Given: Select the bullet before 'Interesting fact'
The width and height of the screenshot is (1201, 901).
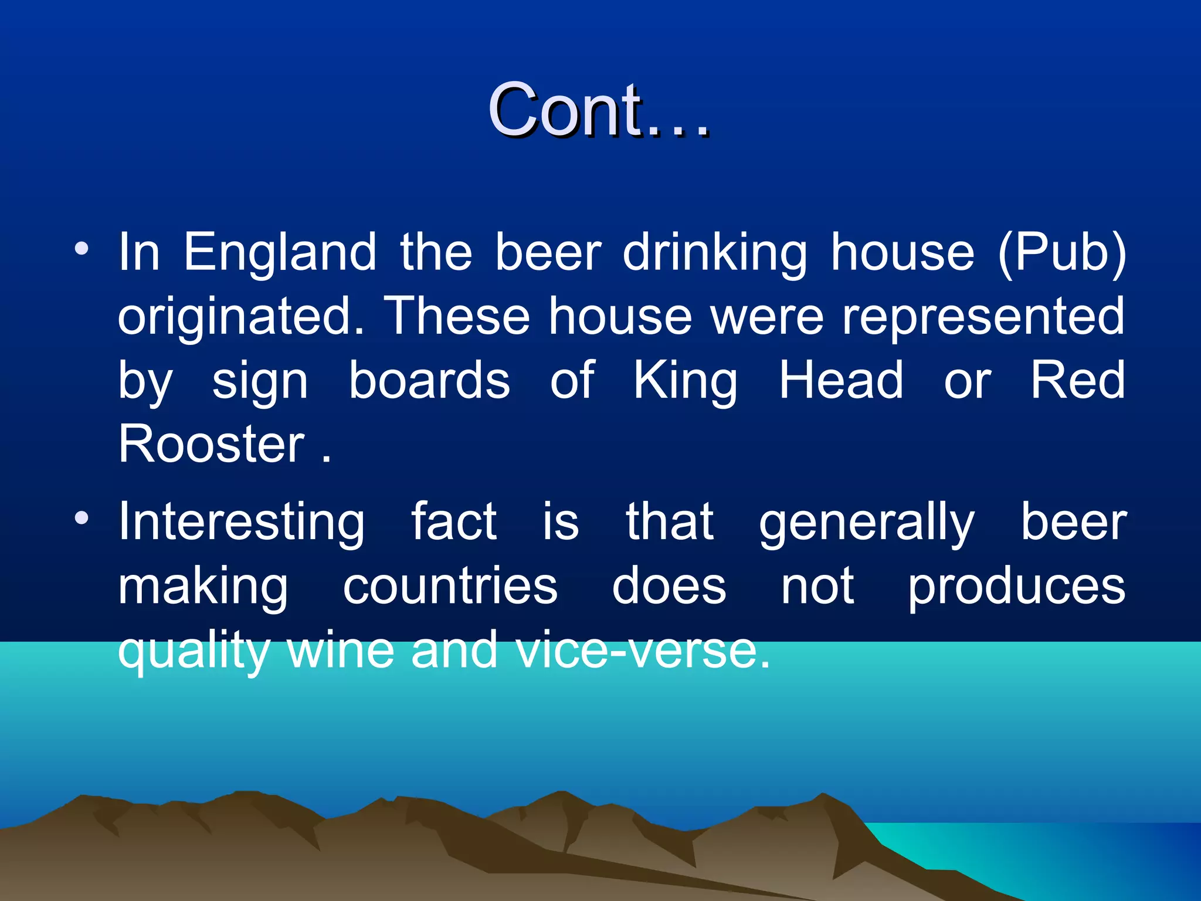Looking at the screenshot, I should coord(82,518).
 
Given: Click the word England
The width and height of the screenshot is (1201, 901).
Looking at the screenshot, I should coord(280,253).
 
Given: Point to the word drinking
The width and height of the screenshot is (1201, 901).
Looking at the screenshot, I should coord(714,253).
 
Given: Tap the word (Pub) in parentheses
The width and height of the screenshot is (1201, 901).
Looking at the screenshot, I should coord(1061,253).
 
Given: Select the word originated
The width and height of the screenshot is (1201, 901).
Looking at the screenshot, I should coord(241,317).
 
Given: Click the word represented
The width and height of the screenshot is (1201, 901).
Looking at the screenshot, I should coord(983,317).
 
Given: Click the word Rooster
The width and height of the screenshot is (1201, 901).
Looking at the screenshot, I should coord(211,443).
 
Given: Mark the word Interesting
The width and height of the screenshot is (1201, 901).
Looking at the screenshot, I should coord(242,522).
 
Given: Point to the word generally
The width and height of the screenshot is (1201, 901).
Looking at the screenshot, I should coord(866,522).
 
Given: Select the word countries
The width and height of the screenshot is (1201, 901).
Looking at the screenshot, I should coord(450,586).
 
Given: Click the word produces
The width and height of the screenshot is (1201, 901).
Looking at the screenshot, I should coord(1016,586).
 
